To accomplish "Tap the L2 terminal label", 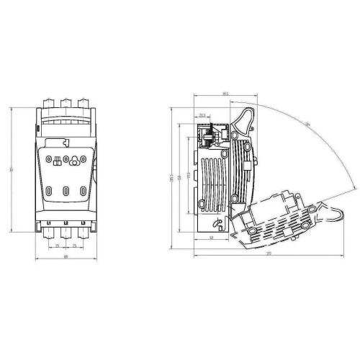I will click(66, 224).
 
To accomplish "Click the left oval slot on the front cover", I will click(48, 192).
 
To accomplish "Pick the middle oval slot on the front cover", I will click(66, 192).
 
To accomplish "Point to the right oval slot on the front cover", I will click(84, 192).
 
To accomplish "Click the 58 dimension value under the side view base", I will click(212, 238).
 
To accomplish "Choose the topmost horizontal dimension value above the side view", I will click(225, 94).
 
